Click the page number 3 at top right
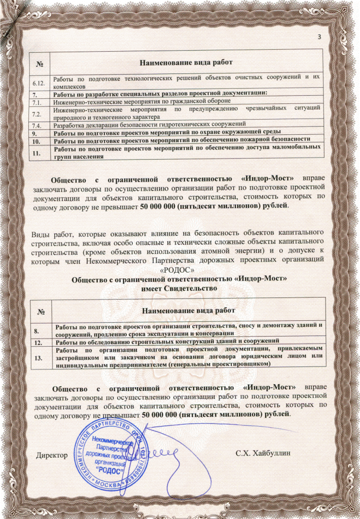click(x=319, y=36)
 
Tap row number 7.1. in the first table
click(x=37, y=101)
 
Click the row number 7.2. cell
click(x=37, y=113)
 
